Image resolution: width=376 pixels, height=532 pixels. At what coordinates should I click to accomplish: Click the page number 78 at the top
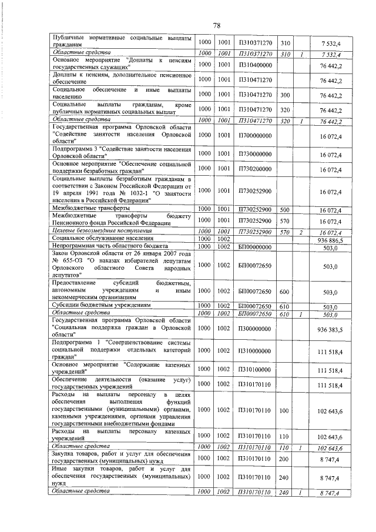point(216,25)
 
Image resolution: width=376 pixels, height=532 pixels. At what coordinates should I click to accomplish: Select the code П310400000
point(255,64)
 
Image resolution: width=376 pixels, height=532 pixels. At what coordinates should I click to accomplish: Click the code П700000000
point(255,135)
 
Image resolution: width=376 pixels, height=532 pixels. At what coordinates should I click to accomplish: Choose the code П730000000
point(255,155)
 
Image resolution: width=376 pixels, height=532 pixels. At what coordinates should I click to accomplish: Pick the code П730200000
point(255,170)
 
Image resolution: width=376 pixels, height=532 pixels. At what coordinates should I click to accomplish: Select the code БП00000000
point(255,247)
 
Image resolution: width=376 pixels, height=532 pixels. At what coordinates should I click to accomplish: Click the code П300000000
point(255,330)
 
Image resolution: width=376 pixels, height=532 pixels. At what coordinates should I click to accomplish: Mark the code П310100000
point(255,370)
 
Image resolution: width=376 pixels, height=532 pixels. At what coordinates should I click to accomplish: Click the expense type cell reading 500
point(285,209)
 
